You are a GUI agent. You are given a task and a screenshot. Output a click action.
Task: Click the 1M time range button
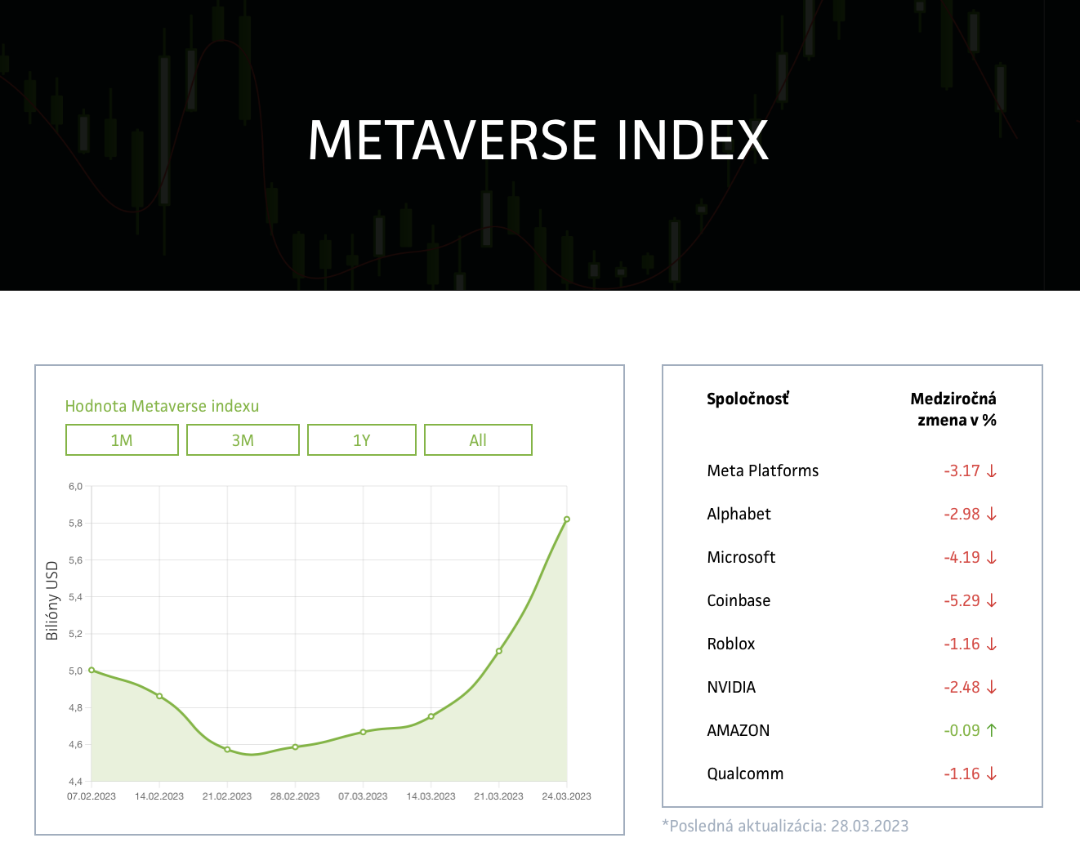(122, 440)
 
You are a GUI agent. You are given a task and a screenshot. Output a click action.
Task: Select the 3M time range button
(243, 440)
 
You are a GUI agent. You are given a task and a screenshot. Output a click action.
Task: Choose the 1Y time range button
(362, 440)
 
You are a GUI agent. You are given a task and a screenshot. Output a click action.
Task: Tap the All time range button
(478, 440)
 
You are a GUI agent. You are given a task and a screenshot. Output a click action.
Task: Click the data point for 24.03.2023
(567, 519)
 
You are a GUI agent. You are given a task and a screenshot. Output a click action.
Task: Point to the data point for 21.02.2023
(227, 749)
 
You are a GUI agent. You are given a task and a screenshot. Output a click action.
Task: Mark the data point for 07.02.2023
(91, 670)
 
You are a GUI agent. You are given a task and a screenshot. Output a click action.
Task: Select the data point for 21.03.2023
(499, 651)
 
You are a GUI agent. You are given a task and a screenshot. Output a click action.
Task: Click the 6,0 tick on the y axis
(76, 486)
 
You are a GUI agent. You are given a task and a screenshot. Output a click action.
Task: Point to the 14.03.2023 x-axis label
(431, 796)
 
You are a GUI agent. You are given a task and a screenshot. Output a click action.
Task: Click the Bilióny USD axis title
(52, 600)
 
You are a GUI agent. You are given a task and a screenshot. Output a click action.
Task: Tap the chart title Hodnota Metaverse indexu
(162, 406)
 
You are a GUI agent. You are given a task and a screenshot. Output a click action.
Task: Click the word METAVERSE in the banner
(453, 140)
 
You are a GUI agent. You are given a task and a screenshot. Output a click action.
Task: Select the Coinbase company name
(739, 600)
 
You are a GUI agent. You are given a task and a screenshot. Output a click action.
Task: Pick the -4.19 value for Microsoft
(962, 557)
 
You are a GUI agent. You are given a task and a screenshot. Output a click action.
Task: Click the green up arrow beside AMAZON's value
(992, 730)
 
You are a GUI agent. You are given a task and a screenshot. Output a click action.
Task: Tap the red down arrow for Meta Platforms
(992, 470)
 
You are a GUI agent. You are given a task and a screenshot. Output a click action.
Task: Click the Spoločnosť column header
(748, 399)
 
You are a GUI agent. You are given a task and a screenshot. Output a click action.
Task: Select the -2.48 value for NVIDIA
(962, 687)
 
